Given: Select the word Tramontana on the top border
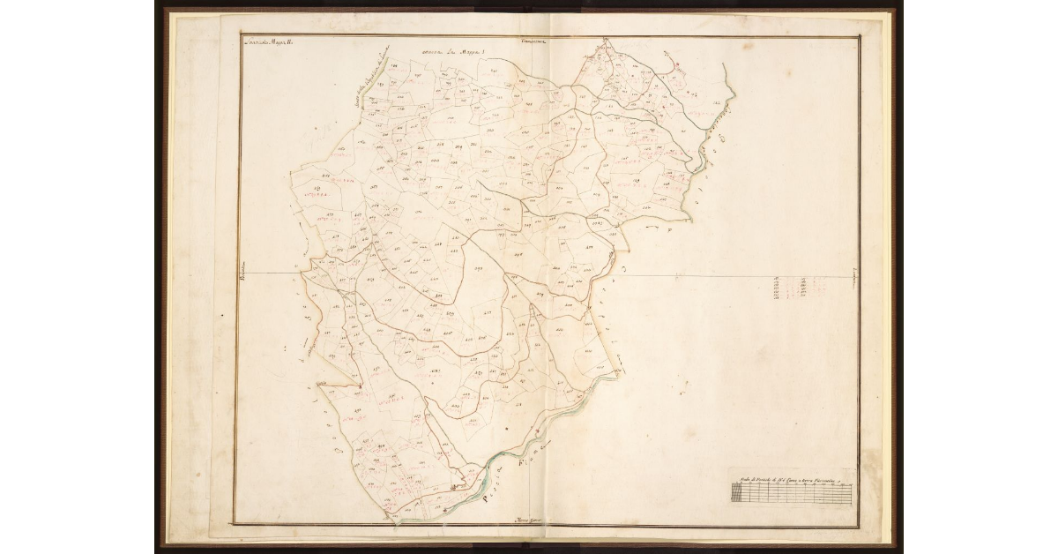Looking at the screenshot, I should [x=534, y=41].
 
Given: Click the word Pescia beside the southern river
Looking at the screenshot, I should [x=498, y=495].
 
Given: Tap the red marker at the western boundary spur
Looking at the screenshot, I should [x=360, y=386].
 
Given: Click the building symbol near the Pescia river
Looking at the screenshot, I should [x=456, y=485].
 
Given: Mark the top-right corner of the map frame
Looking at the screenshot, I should [x=859, y=37].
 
